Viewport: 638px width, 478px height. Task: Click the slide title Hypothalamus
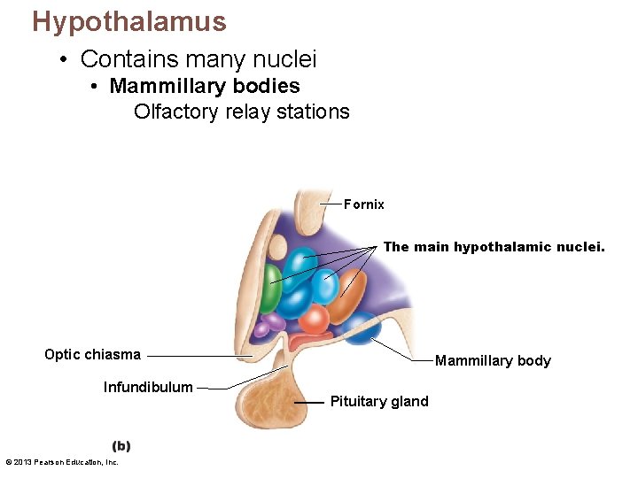(129, 22)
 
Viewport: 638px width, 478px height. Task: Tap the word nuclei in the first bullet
(284, 59)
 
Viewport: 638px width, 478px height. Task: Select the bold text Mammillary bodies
(205, 87)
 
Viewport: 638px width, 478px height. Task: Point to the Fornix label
(364, 204)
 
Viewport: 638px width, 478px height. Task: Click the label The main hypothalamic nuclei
(494, 247)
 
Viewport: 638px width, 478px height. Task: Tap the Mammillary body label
(493, 360)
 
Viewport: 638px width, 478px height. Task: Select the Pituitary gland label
(379, 402)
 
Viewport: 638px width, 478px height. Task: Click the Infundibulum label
(148, 387)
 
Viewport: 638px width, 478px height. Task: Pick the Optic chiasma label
(93, 354)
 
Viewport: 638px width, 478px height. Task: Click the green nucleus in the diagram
(270, 289)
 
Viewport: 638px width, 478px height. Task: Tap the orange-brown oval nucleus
(347, 297)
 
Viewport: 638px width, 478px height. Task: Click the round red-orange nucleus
(314, 319)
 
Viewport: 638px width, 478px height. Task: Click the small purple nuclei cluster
(268, 325)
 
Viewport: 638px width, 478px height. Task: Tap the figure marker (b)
(121, 446)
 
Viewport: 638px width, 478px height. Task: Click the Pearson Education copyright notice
(62, 462)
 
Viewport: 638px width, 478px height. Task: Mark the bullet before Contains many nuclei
(63, 59)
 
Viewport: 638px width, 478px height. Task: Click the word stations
(313, 112)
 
